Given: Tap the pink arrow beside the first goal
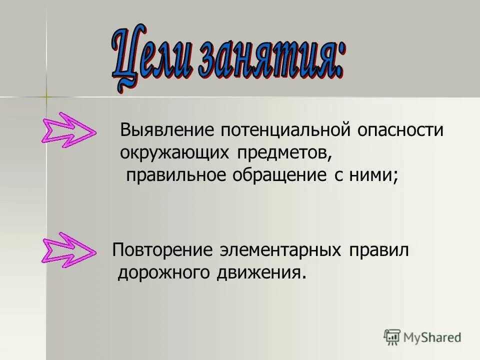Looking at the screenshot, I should [68, 129].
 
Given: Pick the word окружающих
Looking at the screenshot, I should [172, 153].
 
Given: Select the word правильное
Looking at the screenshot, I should [175, 175].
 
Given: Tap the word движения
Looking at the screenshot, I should [260, 273].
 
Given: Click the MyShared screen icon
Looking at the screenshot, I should [392, 337].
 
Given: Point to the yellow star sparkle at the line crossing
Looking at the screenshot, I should [45, 96].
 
